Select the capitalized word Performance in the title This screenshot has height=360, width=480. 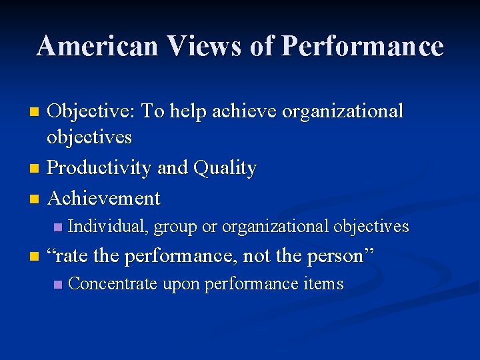tap(363, 46)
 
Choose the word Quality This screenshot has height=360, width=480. tap(224, 168)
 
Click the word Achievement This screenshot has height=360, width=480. tap(104, 198)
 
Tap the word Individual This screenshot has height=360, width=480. tap(108, 227)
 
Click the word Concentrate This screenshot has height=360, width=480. tap(113, 284)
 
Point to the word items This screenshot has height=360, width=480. tap(323, 284)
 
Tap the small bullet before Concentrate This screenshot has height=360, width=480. tap(58, 285)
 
